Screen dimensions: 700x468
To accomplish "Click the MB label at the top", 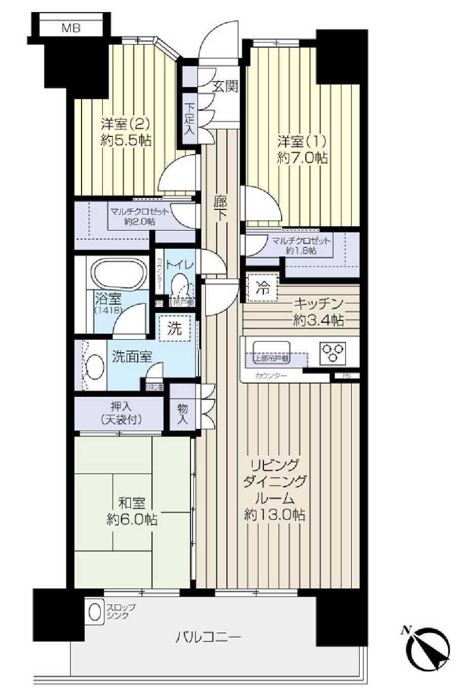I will coord(71,28).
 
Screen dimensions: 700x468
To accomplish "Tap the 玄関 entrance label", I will coord(224,87).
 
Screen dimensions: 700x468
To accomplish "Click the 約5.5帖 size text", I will coord(126,140).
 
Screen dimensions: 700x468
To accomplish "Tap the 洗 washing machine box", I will coord(174,328).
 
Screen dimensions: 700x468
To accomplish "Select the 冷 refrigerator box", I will coord(262,289).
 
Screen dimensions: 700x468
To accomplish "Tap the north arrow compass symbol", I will coord(430,649).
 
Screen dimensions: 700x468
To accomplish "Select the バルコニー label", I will coord(208,637).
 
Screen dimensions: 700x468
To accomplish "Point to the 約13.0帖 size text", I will coord(275,515).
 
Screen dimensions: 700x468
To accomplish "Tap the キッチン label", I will coord(319,304).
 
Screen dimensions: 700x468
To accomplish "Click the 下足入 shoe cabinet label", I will coord(189,119).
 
